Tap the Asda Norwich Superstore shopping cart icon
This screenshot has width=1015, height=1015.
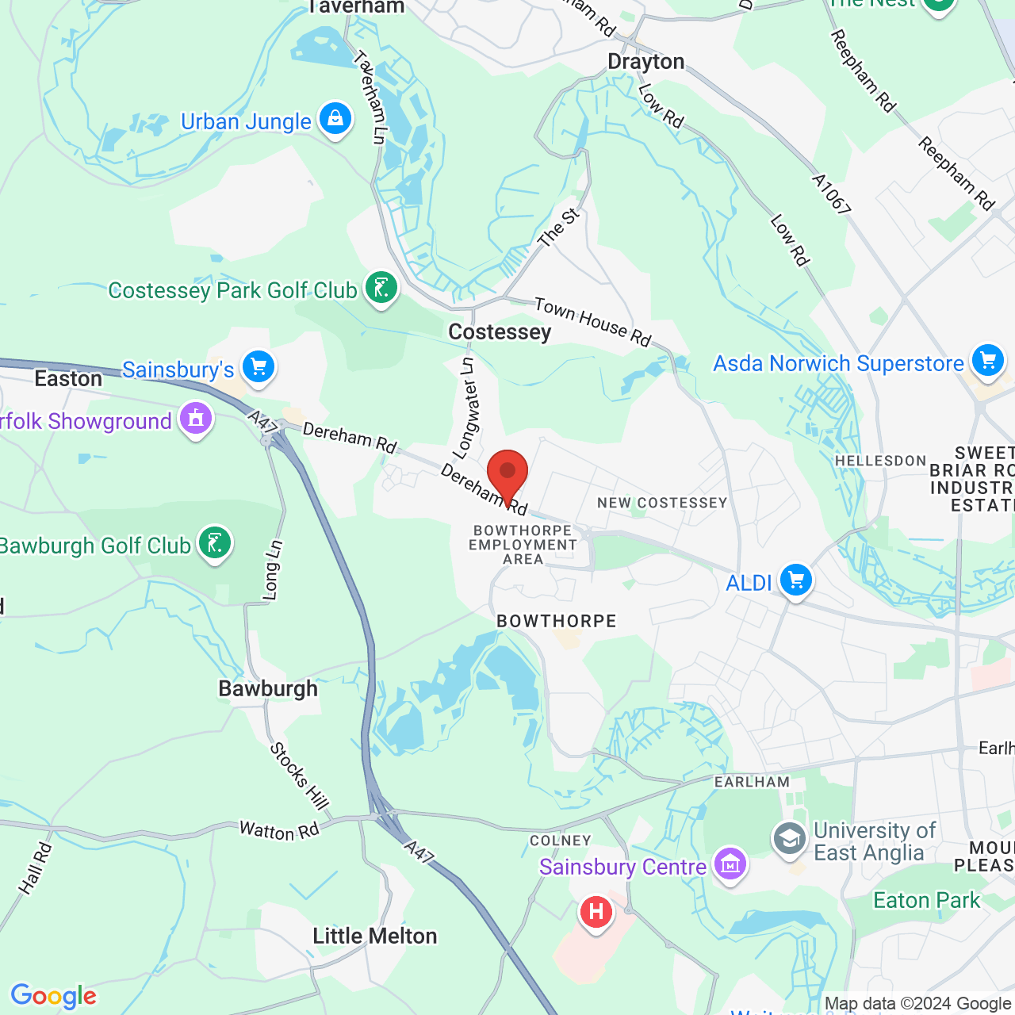(x=987, y=361)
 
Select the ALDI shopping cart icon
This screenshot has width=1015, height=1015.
(x=795, y=581)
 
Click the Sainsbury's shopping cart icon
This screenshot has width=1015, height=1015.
(x=259, y=368)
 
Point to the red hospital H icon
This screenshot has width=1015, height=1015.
(x=596, y=913)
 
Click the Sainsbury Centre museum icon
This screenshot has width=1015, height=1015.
(x=730, y=864)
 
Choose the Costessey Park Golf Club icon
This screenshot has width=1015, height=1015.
(x=381, y=289)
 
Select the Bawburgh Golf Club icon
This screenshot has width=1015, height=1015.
(x=214, y=544)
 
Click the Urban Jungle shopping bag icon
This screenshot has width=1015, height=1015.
(x=335, y=120)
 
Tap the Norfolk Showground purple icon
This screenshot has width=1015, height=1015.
(x=196, y=419)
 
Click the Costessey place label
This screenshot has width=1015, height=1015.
(x=500, y=331)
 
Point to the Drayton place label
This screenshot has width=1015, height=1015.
(x=645, y=62)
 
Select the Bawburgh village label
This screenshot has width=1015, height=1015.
(x=268, y=688)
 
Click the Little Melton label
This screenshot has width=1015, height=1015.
(x=375, y=936)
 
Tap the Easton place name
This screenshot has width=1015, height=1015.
(x=68, y=379)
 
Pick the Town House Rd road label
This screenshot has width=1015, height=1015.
(x=592, y=321)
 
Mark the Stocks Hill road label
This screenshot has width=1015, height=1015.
(x=299, y=776)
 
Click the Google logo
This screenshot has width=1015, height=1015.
(x=53, y=996)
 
